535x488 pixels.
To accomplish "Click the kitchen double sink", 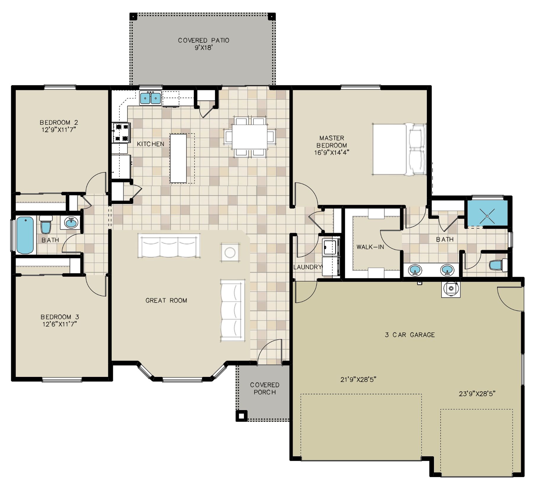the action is [150, 98].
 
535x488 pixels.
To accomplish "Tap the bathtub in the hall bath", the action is [25, 235].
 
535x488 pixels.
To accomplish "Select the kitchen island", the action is [178, 158].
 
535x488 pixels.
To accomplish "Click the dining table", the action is [250, 137].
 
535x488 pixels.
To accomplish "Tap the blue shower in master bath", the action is [487, 213].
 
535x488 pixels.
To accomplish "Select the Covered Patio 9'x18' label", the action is [204, 44].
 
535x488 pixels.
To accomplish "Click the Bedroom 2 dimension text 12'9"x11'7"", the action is [59, 130].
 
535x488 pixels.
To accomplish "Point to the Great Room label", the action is [166, 300].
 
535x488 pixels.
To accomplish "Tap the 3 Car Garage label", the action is [410, 335].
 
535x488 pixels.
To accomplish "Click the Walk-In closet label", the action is [370, 247].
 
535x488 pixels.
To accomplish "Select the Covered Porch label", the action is [265, 388].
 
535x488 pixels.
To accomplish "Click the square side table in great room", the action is [230, 252].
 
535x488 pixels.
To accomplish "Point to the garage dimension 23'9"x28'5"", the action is [477, 394].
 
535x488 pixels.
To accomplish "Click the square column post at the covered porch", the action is [241, 416].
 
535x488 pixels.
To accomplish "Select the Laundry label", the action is [307, 267].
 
